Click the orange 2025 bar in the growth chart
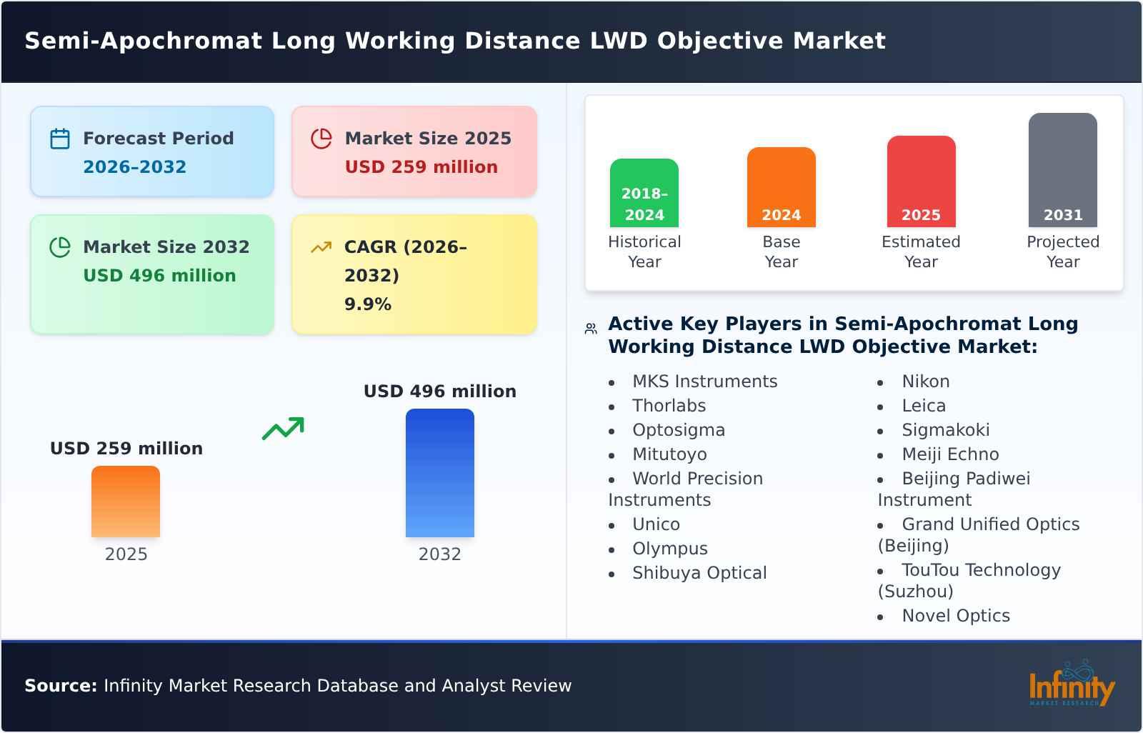[x=126, y=502]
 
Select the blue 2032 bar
[x=439, y=473]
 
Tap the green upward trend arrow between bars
[x=283, y=429]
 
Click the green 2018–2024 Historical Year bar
[x=644, y=193]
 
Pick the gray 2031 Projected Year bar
[x=1062, y=170]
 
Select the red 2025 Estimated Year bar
[x=921, y=181]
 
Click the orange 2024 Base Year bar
[x=781, y=187]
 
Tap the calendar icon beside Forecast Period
[x=60, y=139]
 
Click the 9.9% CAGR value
[x=368, y=304]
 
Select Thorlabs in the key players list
[x=669, y=406]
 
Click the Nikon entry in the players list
[x=925, y=382]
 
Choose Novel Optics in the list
[x=955, y=616]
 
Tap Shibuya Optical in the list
[x=699, y=573]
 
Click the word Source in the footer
[x=60, y=686]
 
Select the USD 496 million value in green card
[x=159, y=276]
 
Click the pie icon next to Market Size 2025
[x=321, y=139]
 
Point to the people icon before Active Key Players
[x=591, y=329]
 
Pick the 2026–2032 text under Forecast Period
[x=134, y=167]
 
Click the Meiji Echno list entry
[x=949, y=454]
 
